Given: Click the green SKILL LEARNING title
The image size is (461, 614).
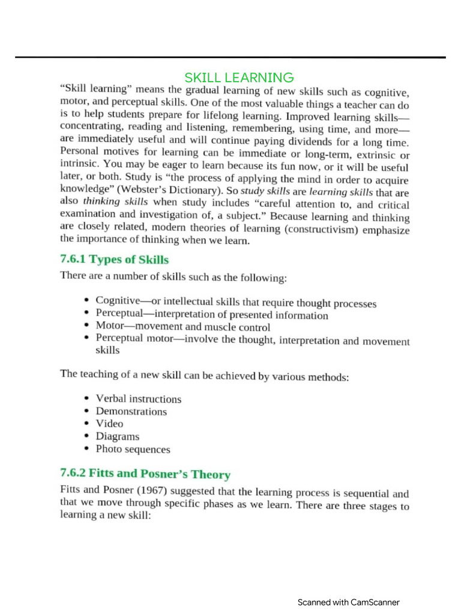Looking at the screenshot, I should [x=239, y=78].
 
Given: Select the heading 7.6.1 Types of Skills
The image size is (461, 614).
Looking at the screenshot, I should [x=114, y=260].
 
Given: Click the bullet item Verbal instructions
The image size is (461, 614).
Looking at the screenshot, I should [x=138, y=399].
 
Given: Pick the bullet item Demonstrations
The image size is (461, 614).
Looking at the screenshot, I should [x=131, y=411].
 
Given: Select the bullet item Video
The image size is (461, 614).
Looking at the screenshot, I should [x=109, y=424].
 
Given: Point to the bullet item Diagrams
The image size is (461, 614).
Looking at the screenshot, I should [x=117, y=437].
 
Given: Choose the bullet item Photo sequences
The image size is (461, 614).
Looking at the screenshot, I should [x=133, y=449].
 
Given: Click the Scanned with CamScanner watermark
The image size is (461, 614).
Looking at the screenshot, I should [x=348, y=602].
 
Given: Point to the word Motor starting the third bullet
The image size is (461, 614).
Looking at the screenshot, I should [x=109, y=326].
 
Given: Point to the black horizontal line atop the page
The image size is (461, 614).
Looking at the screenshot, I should [x=230, y=58].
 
